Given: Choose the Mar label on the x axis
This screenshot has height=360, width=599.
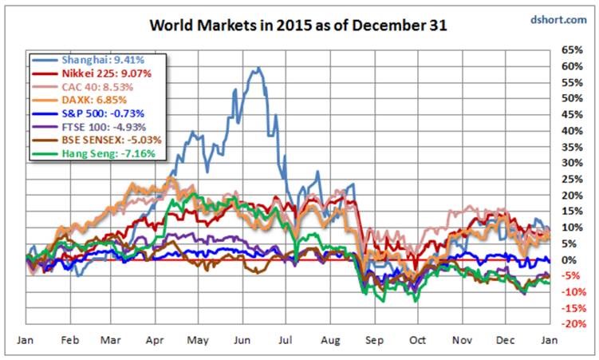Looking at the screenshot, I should (x=110, y=340).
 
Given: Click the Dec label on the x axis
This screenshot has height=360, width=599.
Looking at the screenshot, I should (x=505, y=340).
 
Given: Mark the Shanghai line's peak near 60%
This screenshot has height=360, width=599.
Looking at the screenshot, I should (x=258, y=69).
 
